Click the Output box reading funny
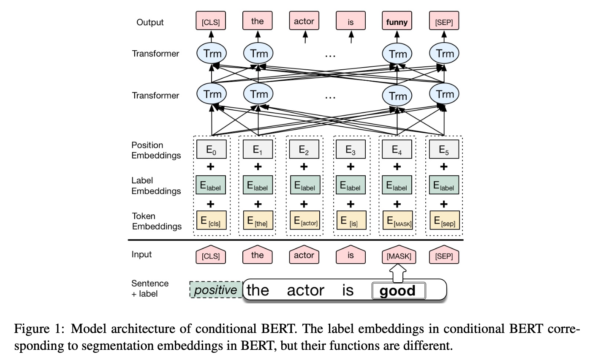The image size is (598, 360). [397, 22]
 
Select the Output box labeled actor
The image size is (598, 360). [304, 22]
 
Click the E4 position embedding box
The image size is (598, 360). [397, 149]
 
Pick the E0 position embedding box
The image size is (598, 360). [212, 149]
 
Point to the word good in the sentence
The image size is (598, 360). [398, 291]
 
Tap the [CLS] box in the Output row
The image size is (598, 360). [211, 22]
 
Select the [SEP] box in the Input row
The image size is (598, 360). [444, 256]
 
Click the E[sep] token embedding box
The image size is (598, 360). [444, 221]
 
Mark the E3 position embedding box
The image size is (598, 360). [351, 149]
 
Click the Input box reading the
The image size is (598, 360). [258, 256]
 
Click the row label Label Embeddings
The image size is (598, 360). [156, 185]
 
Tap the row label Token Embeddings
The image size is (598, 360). [157, 221]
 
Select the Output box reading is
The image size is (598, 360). [351, 22]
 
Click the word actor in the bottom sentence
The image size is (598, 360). [305, 291]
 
